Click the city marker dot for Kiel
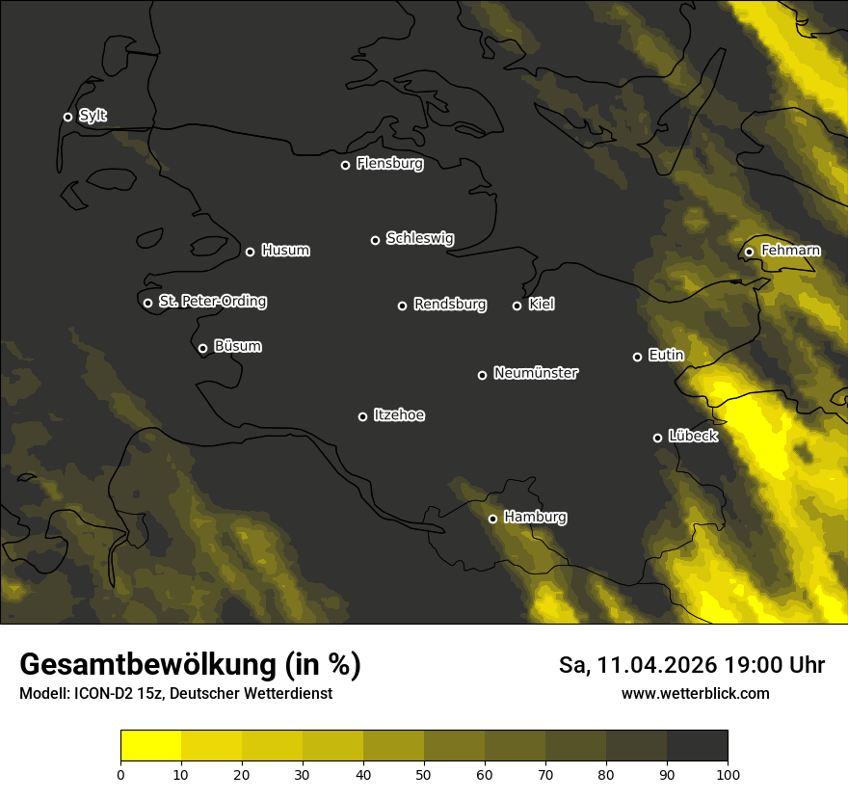tap(517, 306)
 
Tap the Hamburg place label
tap(535, 518)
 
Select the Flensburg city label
tap(389, 164)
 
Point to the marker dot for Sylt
tap(67, 117)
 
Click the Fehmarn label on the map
tap(790, 251)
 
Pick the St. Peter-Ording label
tap(212, 302)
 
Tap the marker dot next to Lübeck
tap(657, 438)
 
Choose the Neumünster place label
tap(535, 373)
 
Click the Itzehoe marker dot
tap(362, 416)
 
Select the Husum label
tap(285, 251)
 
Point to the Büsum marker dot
tap(202, 349)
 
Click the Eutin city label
tap(666, 356)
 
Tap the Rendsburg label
tap(449, 305)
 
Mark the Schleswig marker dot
tap(375, 240)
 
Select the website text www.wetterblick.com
tap(695, 693)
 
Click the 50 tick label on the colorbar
tap(424, 774)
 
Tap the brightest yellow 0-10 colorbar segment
tap(150, 746)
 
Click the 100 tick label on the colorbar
tap(728, 774)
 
